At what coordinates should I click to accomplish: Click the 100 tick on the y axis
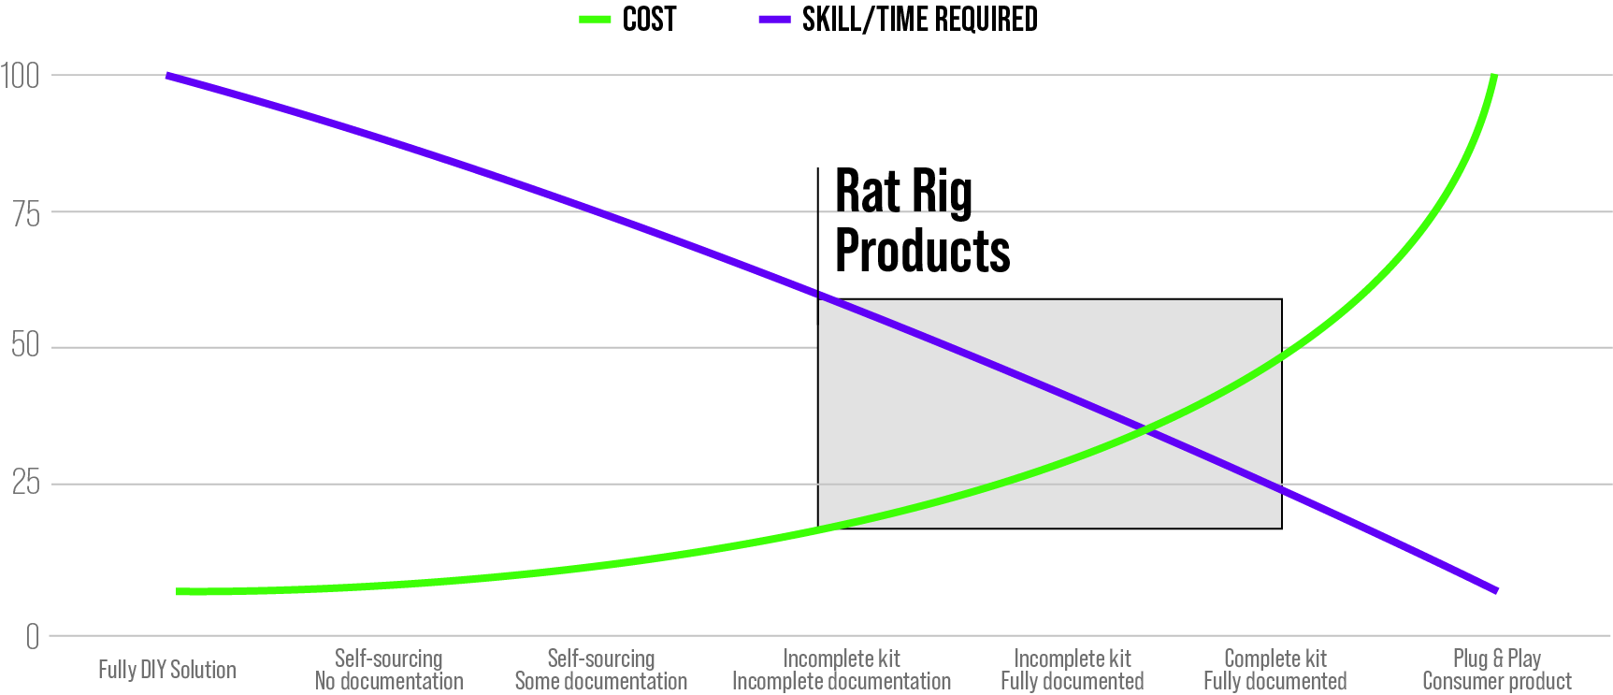tap(20, 76)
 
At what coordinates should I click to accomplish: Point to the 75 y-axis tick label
tap(26, 214)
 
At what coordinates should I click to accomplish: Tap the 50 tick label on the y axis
tap(26, 345)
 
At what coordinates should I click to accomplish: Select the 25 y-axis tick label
tap(26, 483)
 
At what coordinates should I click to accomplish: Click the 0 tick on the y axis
tap(33, 637)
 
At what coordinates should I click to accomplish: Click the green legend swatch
tap(595, 19)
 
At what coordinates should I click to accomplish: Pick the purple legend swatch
tap(774, 19)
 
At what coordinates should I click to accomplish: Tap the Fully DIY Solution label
tap(167, 670)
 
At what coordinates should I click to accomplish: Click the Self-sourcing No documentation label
tap(389, 670)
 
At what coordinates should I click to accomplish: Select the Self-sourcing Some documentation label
tap(601, 670)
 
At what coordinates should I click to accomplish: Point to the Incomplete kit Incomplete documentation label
tap(842, 670)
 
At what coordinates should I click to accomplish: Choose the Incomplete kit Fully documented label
tap(1073, 670)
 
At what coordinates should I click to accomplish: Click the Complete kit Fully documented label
tap(1275, 670)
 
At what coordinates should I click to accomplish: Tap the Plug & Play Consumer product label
tap(1497, 670)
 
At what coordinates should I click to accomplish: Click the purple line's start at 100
tap(167, 76)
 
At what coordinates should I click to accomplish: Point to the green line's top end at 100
tap(1493, 77)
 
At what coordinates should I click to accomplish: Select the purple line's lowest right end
tap(1496, 590)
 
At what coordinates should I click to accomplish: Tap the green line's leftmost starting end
tap(179, 592)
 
